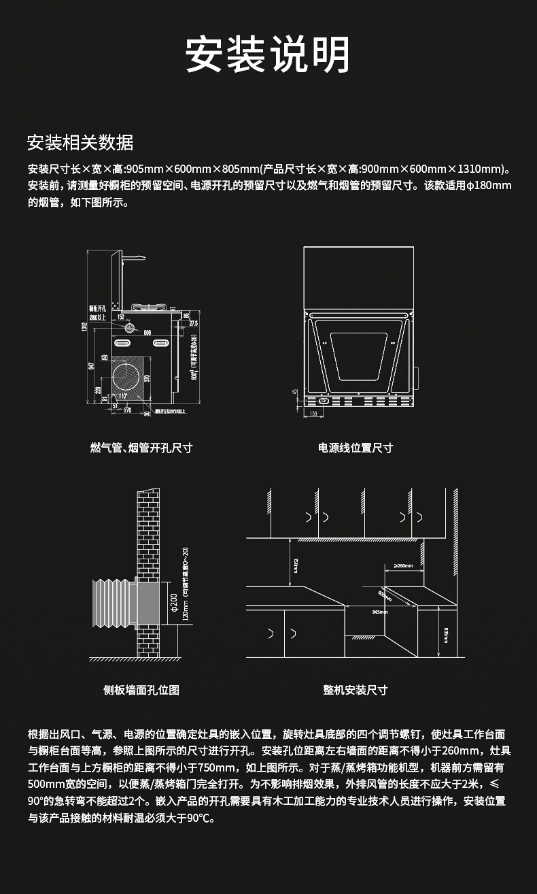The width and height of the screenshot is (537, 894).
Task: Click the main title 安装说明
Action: [x=268, y=54]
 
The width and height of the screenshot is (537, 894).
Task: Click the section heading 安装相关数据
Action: [x=80, y=143]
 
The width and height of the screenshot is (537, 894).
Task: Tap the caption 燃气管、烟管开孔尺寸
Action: [x=141, y=448]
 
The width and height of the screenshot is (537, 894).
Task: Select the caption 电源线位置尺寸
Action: [x=356, y=448]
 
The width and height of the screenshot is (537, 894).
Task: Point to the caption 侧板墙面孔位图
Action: [x=141, y=690]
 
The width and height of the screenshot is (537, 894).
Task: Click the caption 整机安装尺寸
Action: [x=355, y=690]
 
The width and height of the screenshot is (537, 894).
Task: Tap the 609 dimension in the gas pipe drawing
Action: [x=147, y=332]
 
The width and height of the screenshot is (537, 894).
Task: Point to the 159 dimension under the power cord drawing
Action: [x=313, y=413]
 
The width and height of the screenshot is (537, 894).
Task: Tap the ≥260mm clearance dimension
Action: [x=404, y=565]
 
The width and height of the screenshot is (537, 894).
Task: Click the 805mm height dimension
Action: [x=446, y=633]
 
